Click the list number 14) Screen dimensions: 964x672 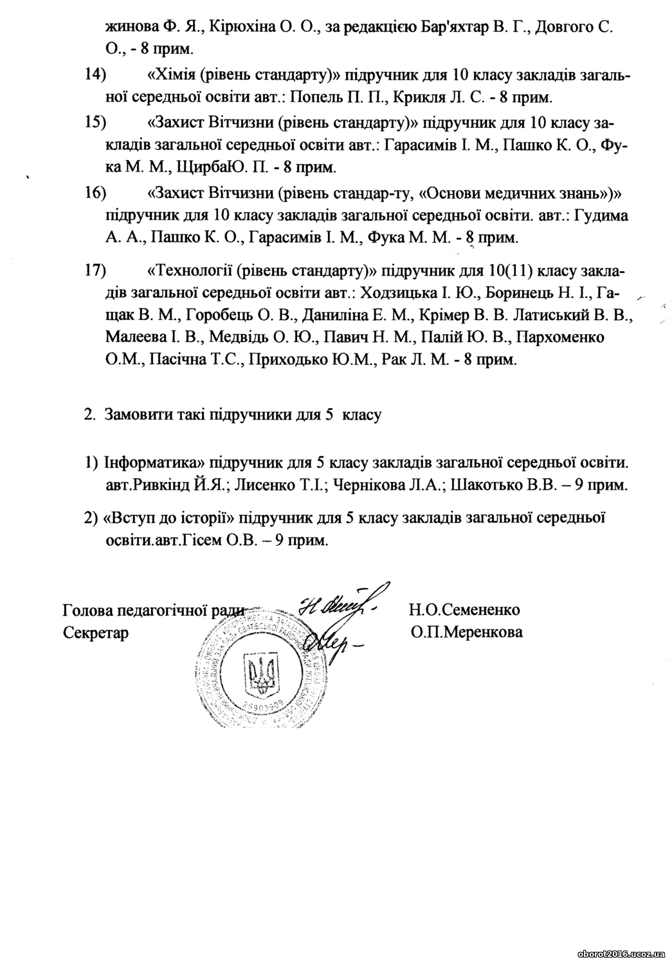point(95,75)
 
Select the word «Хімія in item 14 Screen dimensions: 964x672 point(172,75)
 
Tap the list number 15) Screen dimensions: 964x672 point(95,122)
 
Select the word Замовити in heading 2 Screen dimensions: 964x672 point(134,415)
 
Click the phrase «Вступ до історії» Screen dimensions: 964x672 point(168,518)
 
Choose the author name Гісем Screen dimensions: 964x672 point(198,540)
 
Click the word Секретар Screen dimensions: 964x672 point(96,632)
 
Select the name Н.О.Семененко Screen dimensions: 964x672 point(464,609)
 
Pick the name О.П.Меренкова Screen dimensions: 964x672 point(467,632)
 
